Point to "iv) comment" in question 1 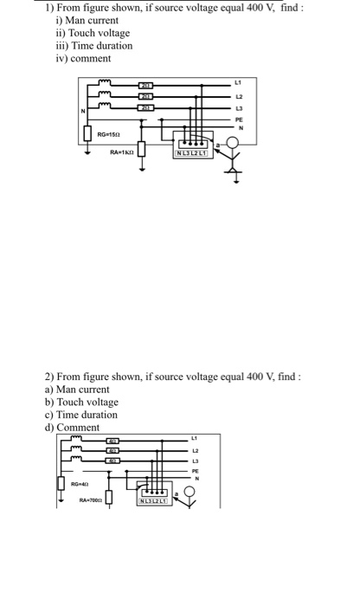tap(83, 58)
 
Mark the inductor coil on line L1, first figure tap(105, 83)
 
